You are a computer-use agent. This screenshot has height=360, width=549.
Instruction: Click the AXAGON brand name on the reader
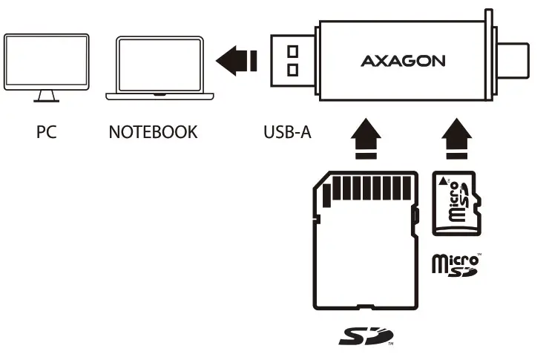(403, 61)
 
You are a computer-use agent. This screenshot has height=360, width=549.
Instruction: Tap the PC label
(46, 132)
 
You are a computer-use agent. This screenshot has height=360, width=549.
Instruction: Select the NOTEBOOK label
(153, 132)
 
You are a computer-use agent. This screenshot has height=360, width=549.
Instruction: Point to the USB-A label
(287, 132)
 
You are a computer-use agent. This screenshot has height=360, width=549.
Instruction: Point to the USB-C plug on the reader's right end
(516, 59)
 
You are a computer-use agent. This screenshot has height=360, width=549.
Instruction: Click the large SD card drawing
(364, 245)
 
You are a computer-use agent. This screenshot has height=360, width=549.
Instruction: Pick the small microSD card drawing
(456, 203)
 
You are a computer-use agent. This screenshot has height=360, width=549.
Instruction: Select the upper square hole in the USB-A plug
(293, 51)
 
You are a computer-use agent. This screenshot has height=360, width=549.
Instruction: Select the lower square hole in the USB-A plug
(293, 70)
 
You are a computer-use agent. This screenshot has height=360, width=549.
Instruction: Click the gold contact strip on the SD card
(369, 188)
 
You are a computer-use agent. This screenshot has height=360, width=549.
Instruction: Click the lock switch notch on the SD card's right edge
(415, 220)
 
